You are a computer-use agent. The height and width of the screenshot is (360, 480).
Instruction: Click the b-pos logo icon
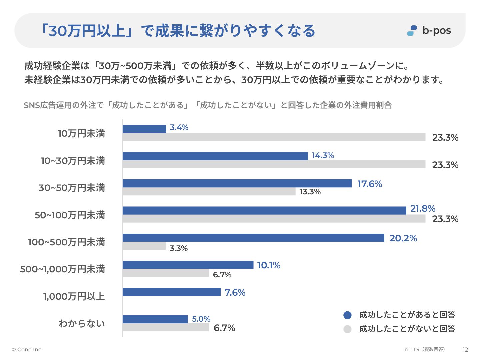(x=412, y=31)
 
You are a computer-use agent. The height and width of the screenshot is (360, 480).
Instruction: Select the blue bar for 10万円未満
(x=144, y=129)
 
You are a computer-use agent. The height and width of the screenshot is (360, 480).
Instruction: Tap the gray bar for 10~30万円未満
(x=274, y=164)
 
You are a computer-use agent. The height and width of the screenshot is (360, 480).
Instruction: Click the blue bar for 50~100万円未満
(x=264, y=210)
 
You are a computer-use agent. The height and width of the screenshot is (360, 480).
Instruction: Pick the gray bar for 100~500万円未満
(x=144, y=246)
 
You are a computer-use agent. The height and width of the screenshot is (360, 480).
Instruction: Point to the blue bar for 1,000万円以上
(x=171, y=292)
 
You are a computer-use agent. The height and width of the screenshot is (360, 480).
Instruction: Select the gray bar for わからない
(x=166, y=327)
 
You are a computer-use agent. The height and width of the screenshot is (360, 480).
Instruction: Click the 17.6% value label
(x=370, y=184)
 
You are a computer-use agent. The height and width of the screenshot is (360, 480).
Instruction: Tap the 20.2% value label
(x=403, y=238)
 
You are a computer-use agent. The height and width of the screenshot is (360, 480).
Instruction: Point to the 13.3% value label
(x=310, y=192)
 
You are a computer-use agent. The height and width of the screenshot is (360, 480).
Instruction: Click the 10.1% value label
(x=269, y=265)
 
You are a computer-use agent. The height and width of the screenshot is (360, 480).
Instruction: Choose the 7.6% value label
(x=235, y=293)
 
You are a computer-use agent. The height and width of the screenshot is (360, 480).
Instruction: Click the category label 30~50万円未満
(x=72, y=188)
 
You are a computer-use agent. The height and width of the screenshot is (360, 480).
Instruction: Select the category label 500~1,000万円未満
(x=62, y=269)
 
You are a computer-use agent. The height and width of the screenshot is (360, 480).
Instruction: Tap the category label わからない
(x=82, y=324)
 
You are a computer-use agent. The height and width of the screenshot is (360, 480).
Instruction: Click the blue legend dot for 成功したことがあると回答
(x=347, y=315)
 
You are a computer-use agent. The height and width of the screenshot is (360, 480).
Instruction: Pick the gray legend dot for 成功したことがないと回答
(x=347, y=329)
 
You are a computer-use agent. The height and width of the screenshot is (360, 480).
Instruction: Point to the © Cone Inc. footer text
(x=27, y=350)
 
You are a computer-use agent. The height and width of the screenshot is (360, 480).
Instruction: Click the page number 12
(x=465, y=350)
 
